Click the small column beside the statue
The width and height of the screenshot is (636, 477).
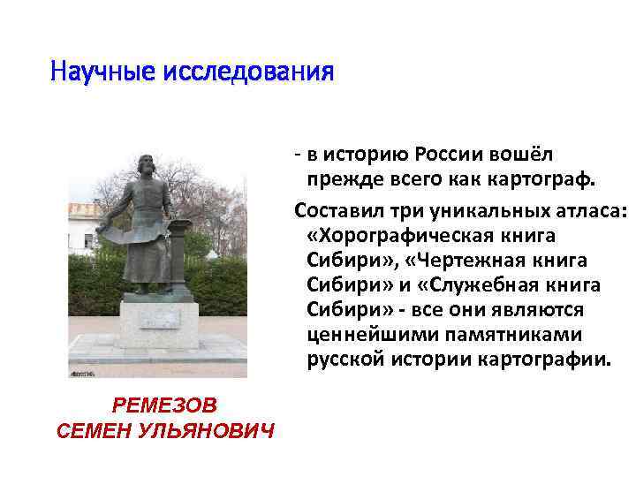click(181, 256)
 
